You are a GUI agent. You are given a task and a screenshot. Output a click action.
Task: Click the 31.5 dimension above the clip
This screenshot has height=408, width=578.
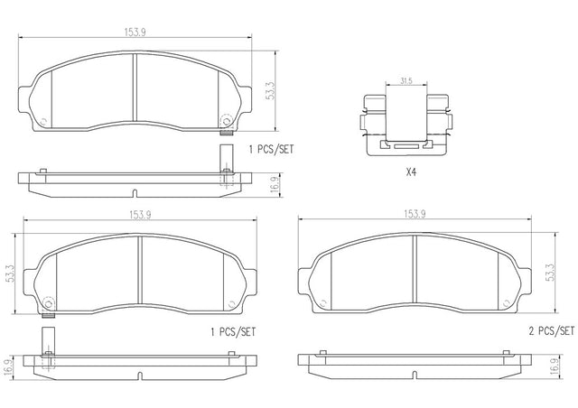coord(406,81)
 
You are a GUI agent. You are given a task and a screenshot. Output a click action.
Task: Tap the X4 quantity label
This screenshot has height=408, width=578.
coord(411,172)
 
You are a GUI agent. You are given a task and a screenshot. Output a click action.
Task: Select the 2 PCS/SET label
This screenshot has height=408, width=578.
coord(552,331)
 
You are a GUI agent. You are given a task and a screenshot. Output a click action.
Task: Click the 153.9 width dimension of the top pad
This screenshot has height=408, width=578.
coord(135,32)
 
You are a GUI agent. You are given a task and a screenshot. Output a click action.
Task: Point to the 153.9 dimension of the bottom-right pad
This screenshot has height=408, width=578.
coord(415,214)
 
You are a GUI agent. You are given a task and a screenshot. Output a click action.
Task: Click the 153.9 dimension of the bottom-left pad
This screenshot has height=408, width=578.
coord(140,215)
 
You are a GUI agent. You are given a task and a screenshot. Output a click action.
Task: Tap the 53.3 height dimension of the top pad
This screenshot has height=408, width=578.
coord(271,90)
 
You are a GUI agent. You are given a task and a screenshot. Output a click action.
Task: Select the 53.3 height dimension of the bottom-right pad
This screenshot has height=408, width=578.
coord(550,273)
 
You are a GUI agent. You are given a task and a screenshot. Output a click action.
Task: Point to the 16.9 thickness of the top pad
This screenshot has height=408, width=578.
coord(276,185)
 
